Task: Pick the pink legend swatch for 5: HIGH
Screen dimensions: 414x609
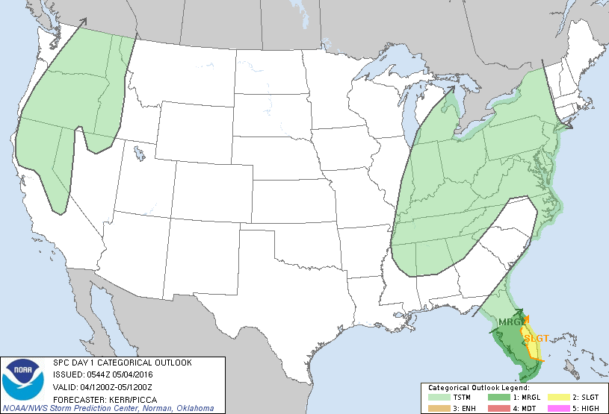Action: (557, 408)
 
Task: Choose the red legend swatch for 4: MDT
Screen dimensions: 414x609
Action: (497, 408)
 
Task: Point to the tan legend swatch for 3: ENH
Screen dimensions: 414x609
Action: (437, 408)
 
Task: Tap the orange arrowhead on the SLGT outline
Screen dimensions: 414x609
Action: (528, 319)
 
